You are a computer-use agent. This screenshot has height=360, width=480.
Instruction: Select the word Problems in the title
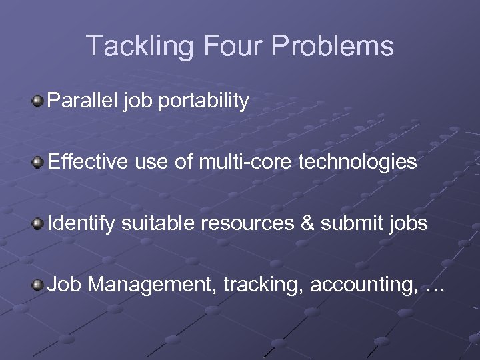(x=331, y=46)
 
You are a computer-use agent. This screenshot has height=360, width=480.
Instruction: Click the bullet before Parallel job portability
(x=39, y=102)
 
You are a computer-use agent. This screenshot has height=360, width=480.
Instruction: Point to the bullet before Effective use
(x=39, y=161)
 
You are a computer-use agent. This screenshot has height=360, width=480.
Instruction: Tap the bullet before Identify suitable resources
(x=39, y=223)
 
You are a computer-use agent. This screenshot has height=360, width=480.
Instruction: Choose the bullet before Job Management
(x=39, y=285)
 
